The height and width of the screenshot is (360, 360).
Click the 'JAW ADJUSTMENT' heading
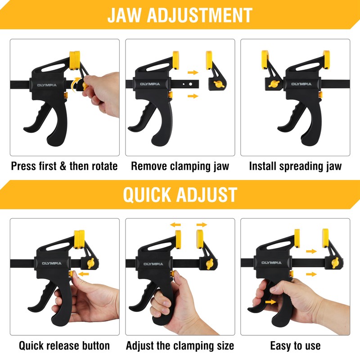pyautogui.click(x=180, y=15)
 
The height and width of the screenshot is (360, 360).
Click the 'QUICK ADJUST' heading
pyautogui.click(x=180, y=195)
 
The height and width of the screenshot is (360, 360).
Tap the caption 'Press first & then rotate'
pyautogui.click(x=64, y=166)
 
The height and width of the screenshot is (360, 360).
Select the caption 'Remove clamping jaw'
pyautogui.click(x=180, y=166)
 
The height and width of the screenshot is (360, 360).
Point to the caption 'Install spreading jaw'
pyautogui.click(x=296, y=166)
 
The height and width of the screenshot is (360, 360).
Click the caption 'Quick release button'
pyautogui.click(x=64, y=346)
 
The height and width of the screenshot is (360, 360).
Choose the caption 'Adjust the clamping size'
pyautogui.click(x=180, y=346)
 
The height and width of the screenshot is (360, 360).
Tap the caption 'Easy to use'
pyautogui.click(x=296, y=346)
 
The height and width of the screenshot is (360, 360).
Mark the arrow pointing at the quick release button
pyautogui.click(x=83, y=274)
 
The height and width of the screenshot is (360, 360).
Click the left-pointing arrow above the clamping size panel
pyautogui.click(x=175, y=225)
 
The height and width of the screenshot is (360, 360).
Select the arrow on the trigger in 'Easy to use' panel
pyautogui.click(x=271, y=302)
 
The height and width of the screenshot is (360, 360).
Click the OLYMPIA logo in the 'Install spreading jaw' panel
pyautogui.click(x=301, y=84)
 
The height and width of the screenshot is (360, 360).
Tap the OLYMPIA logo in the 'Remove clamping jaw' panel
pyautogui.click(x=150, y=84)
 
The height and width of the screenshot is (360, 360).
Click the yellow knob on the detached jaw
pyautogui.click(x=219, y=84)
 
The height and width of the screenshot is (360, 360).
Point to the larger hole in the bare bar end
pyautogui.click(x=190, y=84)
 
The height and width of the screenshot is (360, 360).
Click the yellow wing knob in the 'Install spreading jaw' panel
pyautogui.click(x=274, y=84)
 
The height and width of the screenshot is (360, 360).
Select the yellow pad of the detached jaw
pyautogui.click(x=209, y=60)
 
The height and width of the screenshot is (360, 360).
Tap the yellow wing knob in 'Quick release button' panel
pyautogui.click(x=91, y=263)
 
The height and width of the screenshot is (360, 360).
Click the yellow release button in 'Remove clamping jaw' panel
pyautogui.click(x=171, y=94)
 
